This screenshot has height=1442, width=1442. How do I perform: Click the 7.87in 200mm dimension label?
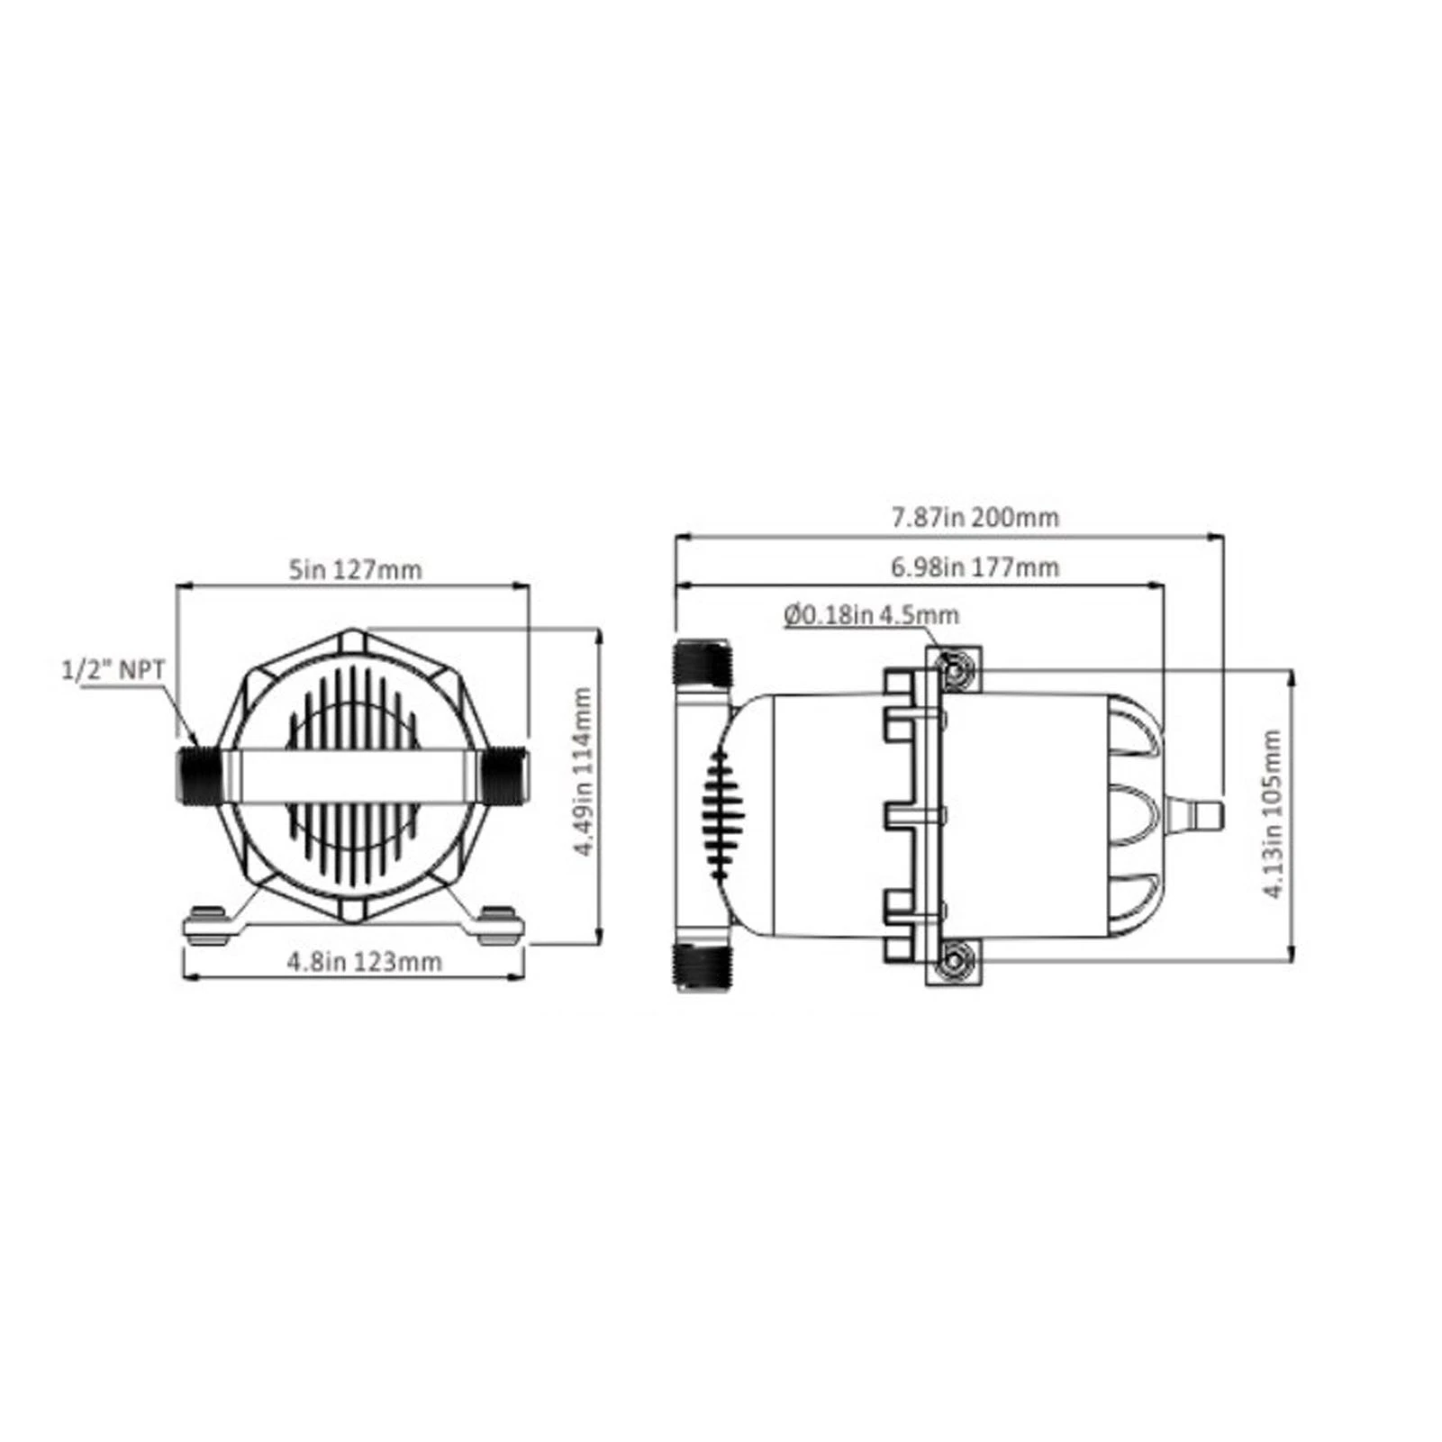point(975,518)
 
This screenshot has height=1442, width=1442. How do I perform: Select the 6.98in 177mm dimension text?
point(975,567)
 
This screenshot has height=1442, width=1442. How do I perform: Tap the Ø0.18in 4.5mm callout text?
point(871,615)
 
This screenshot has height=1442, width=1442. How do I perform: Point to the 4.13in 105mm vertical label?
point(1272,813)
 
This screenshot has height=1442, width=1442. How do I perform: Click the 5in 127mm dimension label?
point(355,570)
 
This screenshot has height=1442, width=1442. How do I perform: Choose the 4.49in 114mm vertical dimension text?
point(584,771)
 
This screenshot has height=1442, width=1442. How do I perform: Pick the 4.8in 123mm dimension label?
point(365,961)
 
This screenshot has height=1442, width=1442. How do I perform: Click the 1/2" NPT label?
point(113,670)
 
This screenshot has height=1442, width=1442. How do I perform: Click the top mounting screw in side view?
point(953,668)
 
